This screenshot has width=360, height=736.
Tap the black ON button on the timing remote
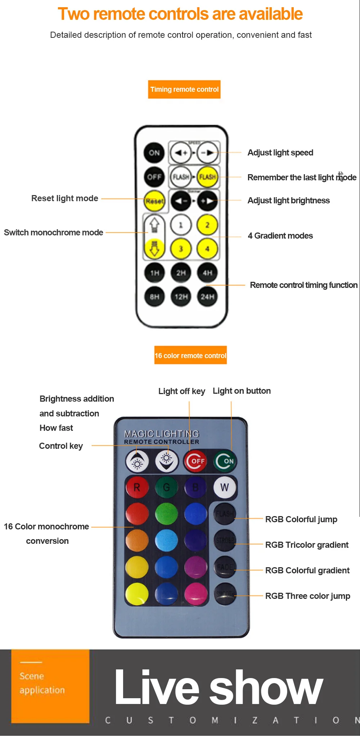154,153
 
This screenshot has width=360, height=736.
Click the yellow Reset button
154,201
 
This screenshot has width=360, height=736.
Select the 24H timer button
207,297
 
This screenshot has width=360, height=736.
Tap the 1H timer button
154,273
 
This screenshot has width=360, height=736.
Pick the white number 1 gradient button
181,225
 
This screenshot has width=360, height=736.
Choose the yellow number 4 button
207,249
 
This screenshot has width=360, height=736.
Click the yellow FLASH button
208,177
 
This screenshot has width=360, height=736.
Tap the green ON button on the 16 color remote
225,461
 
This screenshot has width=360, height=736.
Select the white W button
225,487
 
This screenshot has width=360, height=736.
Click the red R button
137,487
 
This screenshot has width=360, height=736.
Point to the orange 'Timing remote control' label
184,89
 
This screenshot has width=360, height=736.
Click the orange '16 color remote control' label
190,356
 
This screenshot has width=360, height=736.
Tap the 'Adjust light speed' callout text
280,153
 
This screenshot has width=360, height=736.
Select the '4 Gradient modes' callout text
280,236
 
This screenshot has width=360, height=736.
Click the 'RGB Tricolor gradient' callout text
307,545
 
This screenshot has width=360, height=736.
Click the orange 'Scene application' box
50,686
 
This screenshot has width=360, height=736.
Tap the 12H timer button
181,297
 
